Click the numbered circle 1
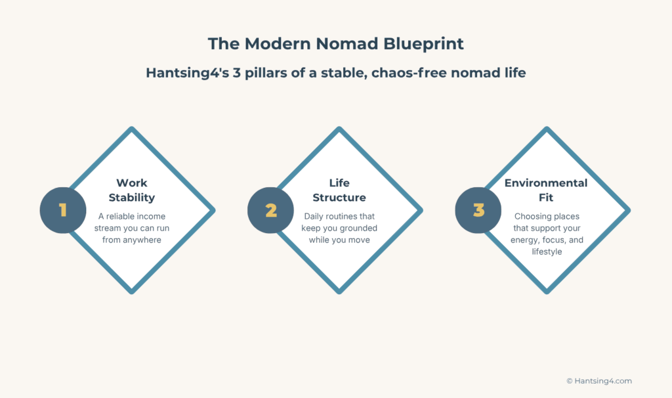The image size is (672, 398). (x=63, y=210)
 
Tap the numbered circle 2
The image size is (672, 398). (x=271, y=210)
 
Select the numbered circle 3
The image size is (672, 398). (x=478, y=210)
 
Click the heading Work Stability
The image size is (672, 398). (x=132, y=190)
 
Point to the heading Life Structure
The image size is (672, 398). (x=339, y=190)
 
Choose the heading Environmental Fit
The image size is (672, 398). (x=546, y=190)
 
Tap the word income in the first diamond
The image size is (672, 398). (x=152, y=216)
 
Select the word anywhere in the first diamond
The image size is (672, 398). (x=141, y=240)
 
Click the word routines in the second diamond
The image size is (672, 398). (x=350, y=216)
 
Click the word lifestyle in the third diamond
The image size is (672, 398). (x=547, y=252)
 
